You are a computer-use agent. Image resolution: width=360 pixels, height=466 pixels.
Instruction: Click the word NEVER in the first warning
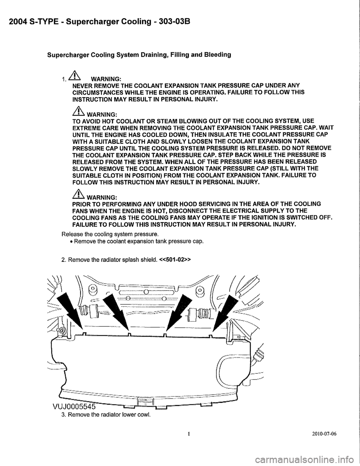(75, 85)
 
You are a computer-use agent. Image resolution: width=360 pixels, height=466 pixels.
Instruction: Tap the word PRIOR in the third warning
(75, 204)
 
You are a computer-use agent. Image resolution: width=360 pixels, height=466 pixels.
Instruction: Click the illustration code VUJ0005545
(77, 407)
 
